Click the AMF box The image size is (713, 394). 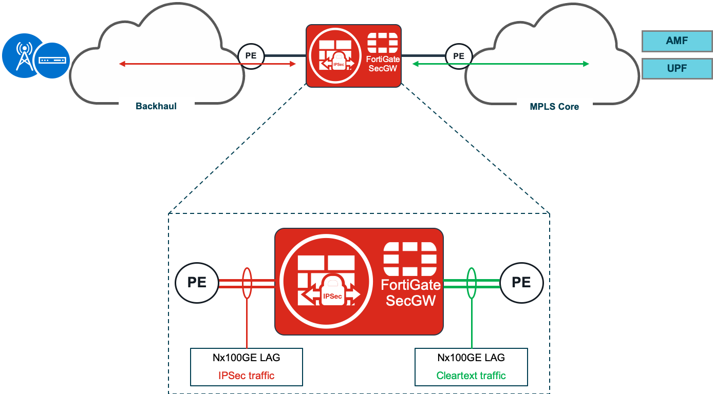[x=677, y=41]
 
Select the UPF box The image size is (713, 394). [x=677, y=68]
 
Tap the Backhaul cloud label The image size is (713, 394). [x=156, y=107]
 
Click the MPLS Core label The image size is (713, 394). [x=554, y=107]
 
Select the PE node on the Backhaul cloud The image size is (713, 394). [x=251, y=55]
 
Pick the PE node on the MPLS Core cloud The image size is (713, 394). [x=458, y=55]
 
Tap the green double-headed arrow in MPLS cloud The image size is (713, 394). [x=501, y=64]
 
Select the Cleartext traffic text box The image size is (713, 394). [x=471, y=367]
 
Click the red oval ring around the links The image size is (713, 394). [x=247, y=283]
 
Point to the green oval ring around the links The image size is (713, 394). [x=471, y=283]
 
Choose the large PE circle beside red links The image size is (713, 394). [x=197, y=283]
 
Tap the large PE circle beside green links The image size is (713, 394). [x=521, y=283]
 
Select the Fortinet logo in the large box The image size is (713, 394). [x=410, y=259]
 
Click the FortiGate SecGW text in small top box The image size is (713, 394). [x=383, y=64]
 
